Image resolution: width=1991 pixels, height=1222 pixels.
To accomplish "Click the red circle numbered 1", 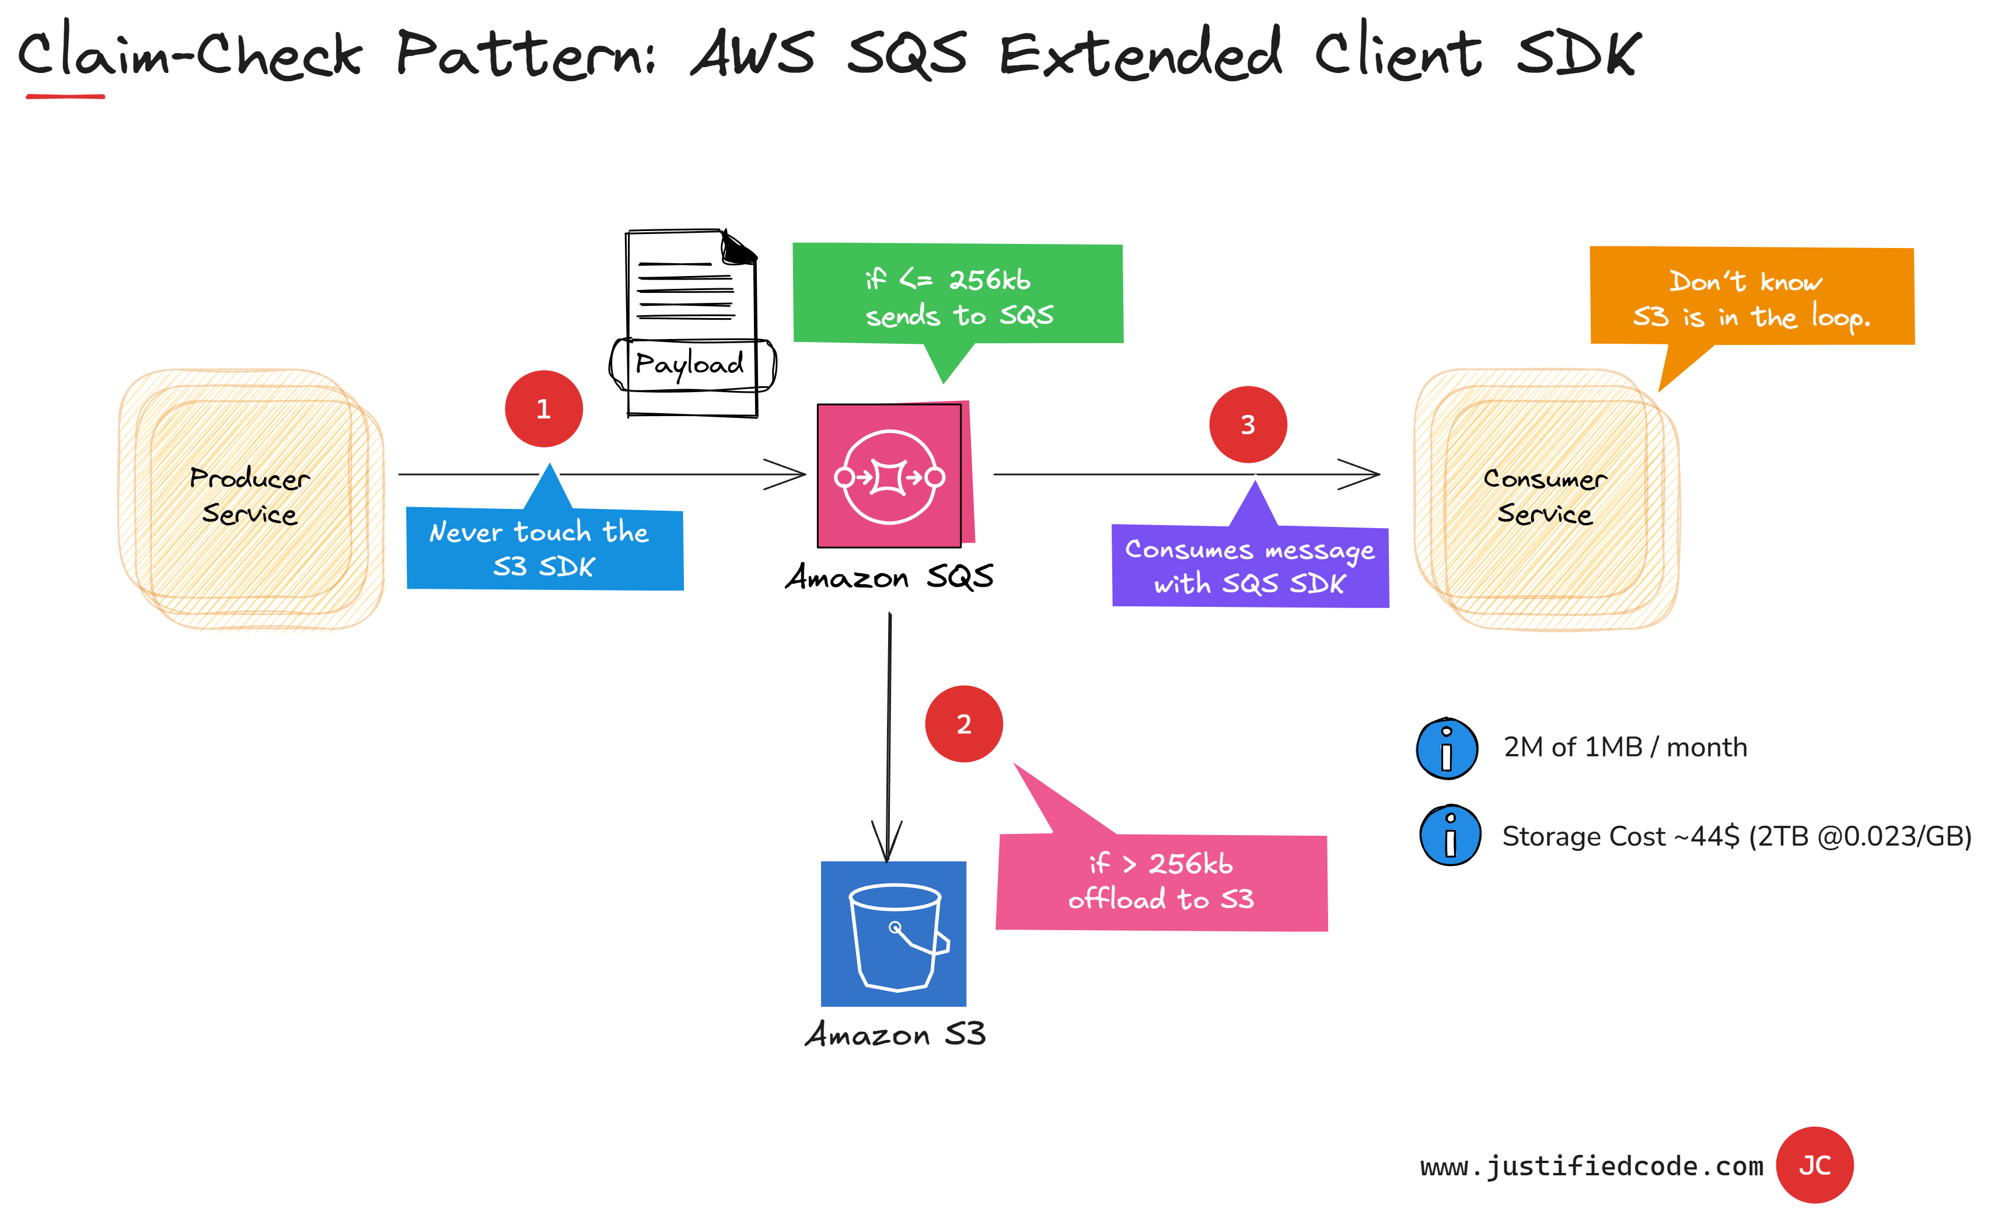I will coord(544,409).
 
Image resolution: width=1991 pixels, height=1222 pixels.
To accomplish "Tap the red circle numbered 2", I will coord(964,724).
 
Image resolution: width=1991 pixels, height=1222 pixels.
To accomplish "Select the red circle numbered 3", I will coord(1248,424).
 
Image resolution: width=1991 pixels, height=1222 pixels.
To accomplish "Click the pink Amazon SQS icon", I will coord(890,476).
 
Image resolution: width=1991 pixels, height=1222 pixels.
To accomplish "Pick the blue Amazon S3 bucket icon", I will coord(894,934).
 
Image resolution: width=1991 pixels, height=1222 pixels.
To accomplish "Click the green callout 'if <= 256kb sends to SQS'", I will coord(958,294).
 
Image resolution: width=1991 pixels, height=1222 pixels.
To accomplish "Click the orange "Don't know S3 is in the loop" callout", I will coord(1752,298).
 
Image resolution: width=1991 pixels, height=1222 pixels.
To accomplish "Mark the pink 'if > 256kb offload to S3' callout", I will coord(1161,882).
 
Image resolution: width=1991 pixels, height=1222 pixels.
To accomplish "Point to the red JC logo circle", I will coord(1814,1165).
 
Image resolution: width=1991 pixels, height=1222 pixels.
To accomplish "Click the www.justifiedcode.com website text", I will coord(1591,1166).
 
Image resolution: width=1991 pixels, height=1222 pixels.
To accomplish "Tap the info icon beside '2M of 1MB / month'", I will coord(1447,748).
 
